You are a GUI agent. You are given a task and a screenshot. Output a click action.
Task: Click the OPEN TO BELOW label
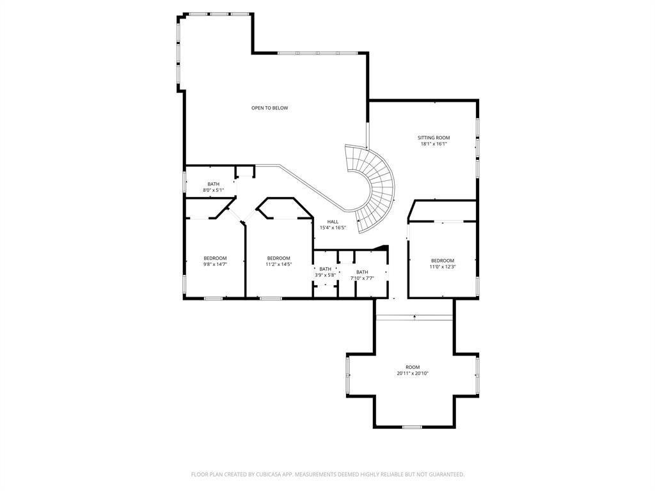269,108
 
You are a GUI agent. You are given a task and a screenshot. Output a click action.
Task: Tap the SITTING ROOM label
434,137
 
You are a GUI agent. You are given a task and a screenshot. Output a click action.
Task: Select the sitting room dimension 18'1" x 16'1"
434,144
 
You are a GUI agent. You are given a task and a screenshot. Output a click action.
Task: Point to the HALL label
333,222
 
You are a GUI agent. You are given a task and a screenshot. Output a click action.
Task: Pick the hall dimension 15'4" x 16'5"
333,228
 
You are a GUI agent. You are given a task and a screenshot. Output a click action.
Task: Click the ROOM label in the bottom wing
412,367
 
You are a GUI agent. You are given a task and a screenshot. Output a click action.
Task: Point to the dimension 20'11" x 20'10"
412,373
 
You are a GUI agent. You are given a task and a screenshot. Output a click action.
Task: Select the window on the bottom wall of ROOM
412,426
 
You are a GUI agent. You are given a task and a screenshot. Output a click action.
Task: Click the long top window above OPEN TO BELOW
317,52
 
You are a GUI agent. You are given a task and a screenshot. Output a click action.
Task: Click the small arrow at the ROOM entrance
414,316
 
